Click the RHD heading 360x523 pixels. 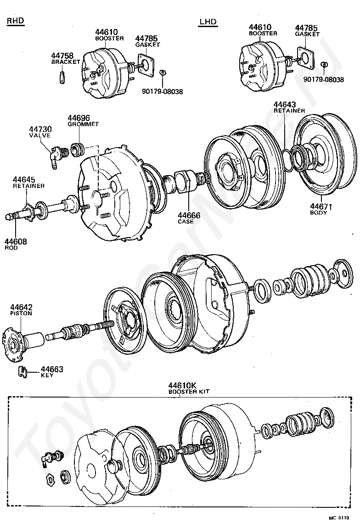[16, 21]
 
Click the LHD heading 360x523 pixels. [208, 23]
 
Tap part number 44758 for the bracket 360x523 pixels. [62, 56]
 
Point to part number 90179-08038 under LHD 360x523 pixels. [323, 80]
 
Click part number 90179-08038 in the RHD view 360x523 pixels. [163, 91]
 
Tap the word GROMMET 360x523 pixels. [83, 124]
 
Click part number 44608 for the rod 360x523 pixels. [16, 241]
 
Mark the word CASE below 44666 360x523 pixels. [186, 222]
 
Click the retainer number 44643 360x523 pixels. [285, 104]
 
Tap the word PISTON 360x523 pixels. [21, 313]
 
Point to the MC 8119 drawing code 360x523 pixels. [339, 517]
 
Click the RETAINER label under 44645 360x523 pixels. [28, 186]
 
